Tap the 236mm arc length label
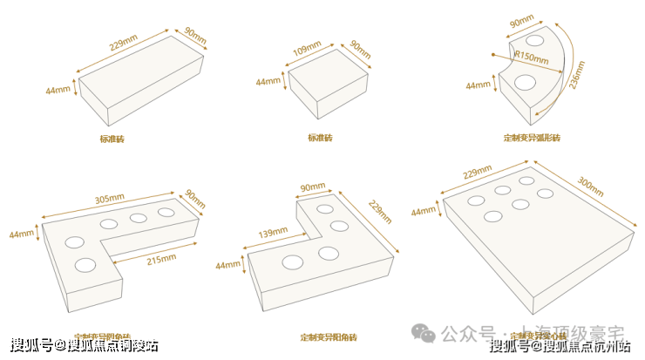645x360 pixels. (x=575, y=80)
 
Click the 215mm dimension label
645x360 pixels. (x=160, y=257)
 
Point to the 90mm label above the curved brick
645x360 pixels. (x=521, y=21)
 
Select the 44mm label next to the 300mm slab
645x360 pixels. (x=423, y=211)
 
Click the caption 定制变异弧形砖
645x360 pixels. (x=532, y=138)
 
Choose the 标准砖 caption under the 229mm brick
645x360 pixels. (x=112, y=139)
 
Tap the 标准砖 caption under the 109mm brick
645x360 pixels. (x=320, y=138)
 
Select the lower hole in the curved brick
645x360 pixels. (x=526, y=83)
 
